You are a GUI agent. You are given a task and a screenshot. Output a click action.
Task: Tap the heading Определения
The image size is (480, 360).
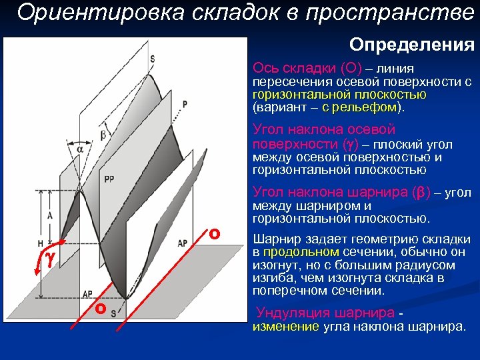(412, 45)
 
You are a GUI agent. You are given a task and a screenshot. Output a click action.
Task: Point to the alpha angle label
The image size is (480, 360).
(81, 149)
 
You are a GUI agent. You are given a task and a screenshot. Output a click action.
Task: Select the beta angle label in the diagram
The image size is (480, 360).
(103, 135)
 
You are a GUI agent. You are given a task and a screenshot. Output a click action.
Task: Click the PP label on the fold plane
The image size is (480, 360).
(109, 179)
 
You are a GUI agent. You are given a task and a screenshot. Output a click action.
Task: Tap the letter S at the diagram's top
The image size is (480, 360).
(152, 59)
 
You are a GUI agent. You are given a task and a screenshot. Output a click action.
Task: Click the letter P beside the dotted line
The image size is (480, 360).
(185, 104)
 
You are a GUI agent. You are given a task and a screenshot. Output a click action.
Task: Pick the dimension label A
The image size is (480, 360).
(50, 215)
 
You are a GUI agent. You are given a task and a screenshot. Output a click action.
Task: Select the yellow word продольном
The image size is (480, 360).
(302, 252)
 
